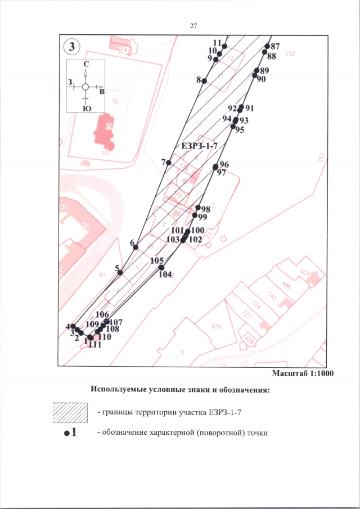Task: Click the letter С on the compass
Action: tap(85, 65)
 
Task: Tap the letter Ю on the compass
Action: tap(85, 109)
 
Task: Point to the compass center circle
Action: tap(85, 87)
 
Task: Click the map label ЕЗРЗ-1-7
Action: tap(199, 146)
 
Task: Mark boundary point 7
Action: tap(168, 163)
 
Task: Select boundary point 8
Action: tap(204, 81)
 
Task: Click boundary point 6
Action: tap(136, 247)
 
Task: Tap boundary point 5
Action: tap(120, 273)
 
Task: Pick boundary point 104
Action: tap(161, 268)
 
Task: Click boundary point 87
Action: tap(267, 47)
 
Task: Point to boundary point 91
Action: tap(241, 107)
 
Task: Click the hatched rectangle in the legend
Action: tap(70, 413)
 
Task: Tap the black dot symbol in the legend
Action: tap(66, 434)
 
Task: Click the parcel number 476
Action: tap(216, 326)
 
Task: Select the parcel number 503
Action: tap(305, 273)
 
